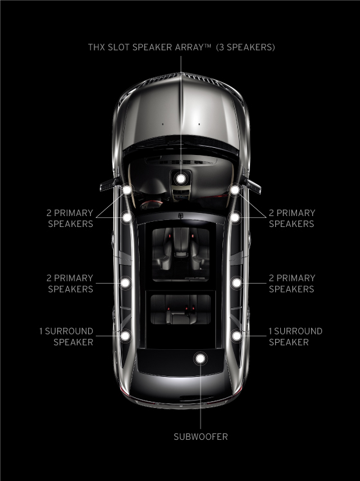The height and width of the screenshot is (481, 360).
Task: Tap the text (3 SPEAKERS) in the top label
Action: (246, 47)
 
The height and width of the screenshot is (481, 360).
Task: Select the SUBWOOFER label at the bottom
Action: (201, 437)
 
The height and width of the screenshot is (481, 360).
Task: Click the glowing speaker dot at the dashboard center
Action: (181, 178)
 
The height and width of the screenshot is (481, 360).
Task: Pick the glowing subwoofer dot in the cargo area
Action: (200, 358)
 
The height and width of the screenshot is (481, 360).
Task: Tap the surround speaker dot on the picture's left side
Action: (125, 336)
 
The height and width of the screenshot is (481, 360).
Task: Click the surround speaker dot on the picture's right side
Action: (237, 336)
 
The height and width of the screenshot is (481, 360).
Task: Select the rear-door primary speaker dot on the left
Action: (125, 282)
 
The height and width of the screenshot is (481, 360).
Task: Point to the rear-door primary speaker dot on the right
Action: (237, 282)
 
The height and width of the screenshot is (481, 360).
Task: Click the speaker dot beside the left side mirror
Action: (127, 190)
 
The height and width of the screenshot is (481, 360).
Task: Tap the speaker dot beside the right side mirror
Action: (235, 190)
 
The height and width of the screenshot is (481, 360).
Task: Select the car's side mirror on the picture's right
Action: (252, 185)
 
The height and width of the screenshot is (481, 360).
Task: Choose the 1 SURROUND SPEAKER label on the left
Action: (66, 336)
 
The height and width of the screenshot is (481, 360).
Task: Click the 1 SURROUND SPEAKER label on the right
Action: (296, 336)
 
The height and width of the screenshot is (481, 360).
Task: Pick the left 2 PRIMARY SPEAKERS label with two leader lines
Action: (69, 219)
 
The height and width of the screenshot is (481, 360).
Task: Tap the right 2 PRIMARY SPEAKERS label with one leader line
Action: (292, 284)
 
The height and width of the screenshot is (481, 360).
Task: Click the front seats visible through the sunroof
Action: (181, 249)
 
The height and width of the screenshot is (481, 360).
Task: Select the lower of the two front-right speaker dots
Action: (235, 217)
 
